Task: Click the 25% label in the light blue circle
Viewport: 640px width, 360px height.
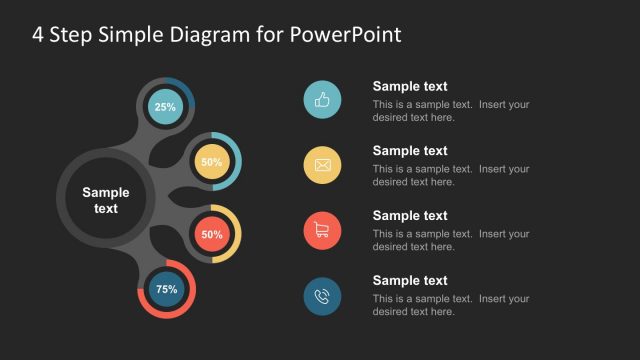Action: (165, 107)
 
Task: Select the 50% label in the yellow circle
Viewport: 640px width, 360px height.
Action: (211, 162)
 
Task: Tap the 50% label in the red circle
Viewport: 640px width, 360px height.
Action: (211, 235)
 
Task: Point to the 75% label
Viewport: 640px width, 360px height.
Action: (166, 289)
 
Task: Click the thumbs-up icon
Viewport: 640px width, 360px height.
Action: (322, 100)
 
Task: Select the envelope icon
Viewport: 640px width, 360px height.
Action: (322, 165)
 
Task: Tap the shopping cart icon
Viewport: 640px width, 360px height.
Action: (322, 231)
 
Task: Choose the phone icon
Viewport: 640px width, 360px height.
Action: (322, 296)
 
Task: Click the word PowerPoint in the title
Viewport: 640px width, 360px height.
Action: (345, 34)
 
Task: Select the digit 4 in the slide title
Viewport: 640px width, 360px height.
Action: (38, 34)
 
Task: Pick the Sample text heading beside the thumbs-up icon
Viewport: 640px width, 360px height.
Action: (410, 86)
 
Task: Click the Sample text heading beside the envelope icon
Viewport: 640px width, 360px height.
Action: (410, 151)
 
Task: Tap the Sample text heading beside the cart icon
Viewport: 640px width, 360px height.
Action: (410, 216)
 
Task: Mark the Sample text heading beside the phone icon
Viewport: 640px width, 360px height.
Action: (410, 281)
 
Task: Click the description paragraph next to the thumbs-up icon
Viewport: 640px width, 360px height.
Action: (450, 111)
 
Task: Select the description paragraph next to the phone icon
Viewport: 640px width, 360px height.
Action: (450, 306)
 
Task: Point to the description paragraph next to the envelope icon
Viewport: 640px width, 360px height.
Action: (450, 176)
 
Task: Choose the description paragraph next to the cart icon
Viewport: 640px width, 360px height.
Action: (450, 241)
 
